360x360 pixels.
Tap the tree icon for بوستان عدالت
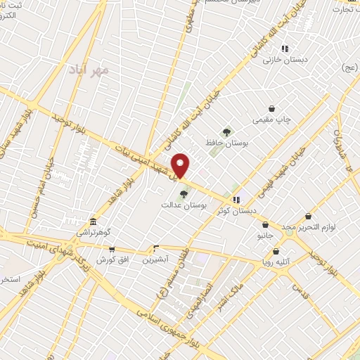[x=184, y=193]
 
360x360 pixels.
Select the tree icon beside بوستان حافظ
[x=226, y=131]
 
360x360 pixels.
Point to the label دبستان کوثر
[x=238, y=210]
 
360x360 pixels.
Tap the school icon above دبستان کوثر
[x=236, y=199]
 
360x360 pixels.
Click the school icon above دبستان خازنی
[x=285, y=49]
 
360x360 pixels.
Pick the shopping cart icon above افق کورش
[x=111, y=249]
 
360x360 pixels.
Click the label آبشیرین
[x=155, y=259]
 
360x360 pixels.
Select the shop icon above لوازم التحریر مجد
[x=309, y=217]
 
